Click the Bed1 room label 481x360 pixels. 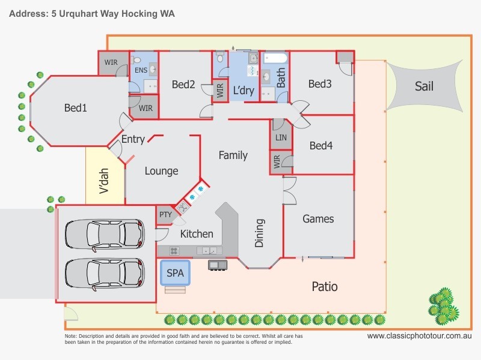[76, 108]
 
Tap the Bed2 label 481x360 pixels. [183, 85]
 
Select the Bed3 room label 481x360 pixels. [320, 84]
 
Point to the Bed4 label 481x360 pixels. [321, 145]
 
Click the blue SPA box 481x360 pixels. [175, 274]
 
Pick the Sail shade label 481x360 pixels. [424, 86]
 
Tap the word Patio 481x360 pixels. [324, 287]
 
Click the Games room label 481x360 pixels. [318, 219]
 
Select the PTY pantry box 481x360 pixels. [165, 215]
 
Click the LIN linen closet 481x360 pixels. [281, 138]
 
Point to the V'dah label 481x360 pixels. [103, 181]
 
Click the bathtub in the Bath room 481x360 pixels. [277, 59]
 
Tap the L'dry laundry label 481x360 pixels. [244, 91]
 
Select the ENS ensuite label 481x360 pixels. [141, 70]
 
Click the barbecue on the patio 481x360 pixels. [216, 265]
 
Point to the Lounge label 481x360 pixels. [161, 171]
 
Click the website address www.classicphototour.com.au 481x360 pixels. [419, 337]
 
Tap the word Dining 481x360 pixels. [260, 233]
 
